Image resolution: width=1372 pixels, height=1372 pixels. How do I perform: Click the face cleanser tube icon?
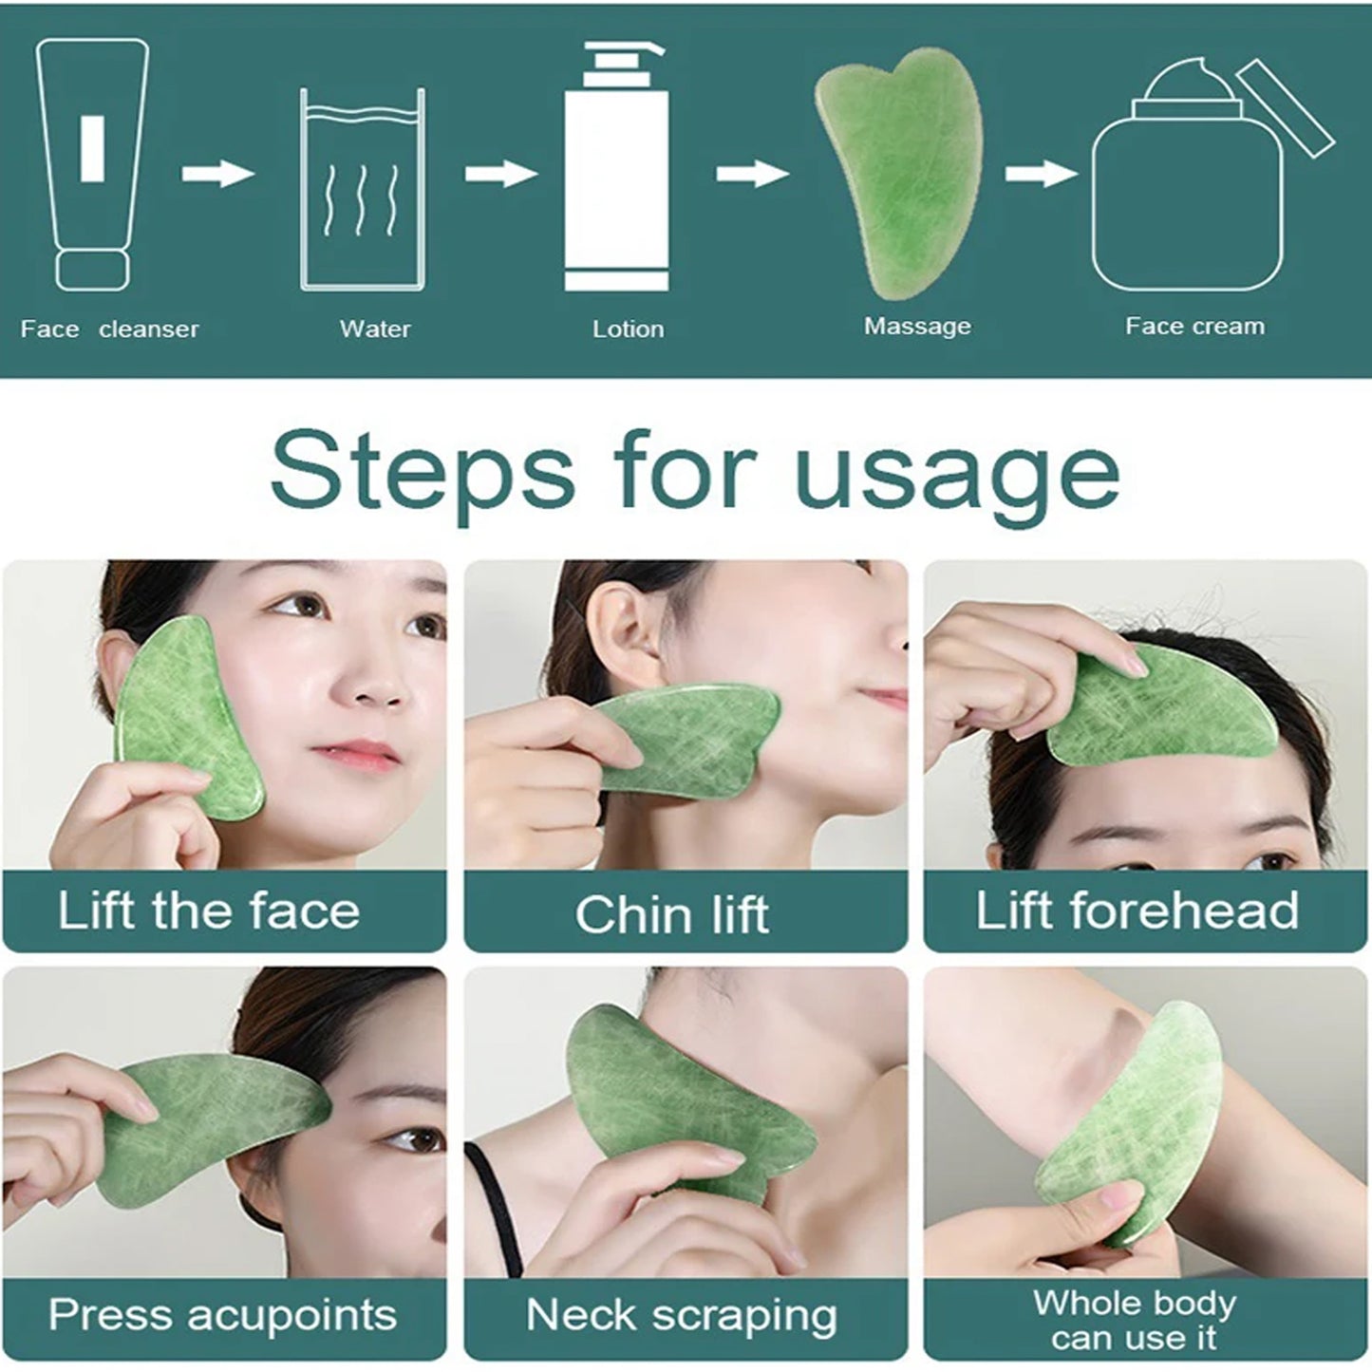92,163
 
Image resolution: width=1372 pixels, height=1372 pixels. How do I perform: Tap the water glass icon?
363,190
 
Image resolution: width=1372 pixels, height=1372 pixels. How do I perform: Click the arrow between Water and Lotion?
500,174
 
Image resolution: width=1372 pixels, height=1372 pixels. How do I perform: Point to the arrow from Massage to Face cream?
1041,174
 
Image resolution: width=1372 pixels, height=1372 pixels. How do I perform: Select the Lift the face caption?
209,911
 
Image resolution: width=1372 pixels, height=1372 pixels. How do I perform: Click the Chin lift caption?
671,914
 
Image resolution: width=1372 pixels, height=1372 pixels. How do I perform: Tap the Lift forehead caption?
1137,911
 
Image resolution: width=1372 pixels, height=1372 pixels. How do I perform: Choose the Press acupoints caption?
222,1315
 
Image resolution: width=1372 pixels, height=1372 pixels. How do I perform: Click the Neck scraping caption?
682,1316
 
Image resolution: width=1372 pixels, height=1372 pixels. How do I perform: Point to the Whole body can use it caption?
1135,1320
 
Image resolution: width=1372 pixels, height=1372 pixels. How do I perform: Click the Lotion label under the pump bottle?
628,329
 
